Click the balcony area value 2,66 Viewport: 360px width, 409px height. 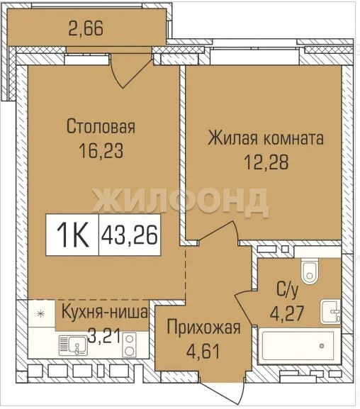point(86,28)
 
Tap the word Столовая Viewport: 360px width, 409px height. point(101,126)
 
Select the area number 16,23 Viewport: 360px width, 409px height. point(101,151)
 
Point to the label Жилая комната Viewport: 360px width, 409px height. point(266,138)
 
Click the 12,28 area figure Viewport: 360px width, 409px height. point(266,162)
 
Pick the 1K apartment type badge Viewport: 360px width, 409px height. point(72,235)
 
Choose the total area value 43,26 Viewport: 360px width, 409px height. point(130,235)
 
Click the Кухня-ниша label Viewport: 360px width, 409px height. point(105,312)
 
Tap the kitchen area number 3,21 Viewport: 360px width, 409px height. point(104,336)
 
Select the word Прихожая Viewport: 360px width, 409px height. point(203,327)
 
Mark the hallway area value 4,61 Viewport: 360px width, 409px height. point(203,351)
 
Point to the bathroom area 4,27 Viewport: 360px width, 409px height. point(287,313)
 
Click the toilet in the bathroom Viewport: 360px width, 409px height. point(310,271)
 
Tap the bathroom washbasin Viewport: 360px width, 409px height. point(330,312)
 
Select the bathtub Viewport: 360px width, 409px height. point(298,346)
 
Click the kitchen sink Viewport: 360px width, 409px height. point(73,345)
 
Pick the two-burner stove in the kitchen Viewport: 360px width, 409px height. point(130,345)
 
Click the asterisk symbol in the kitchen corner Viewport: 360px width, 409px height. point(40,314)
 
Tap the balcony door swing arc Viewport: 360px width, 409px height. point(116,78)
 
